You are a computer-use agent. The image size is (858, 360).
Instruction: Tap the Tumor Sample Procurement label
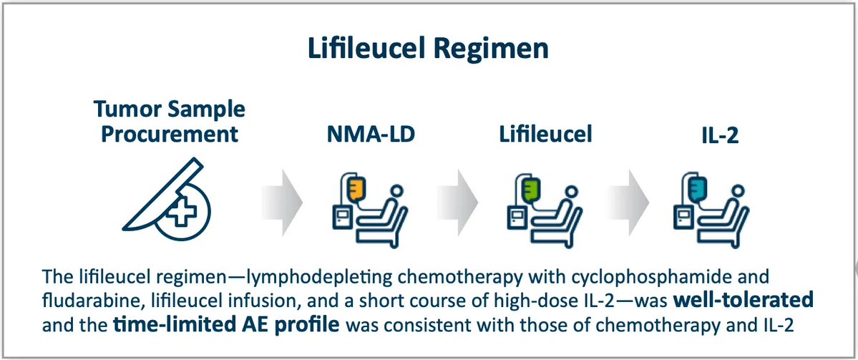[168, 122]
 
